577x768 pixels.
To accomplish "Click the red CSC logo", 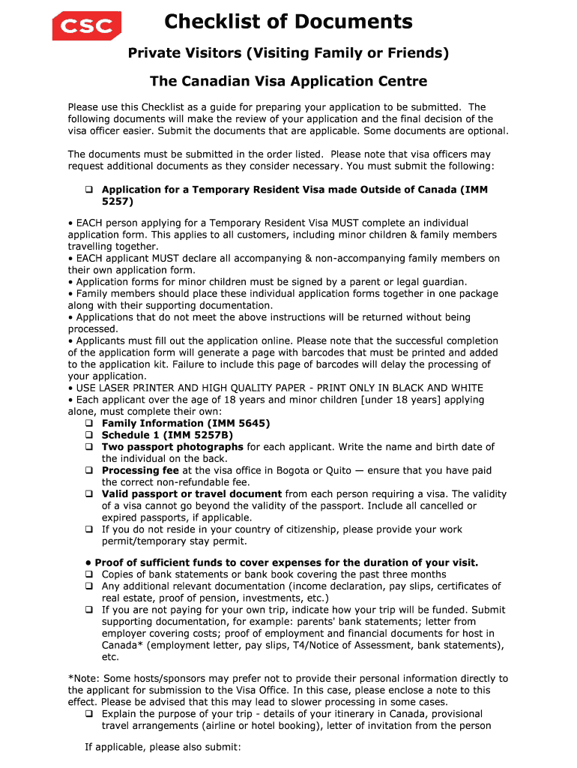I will [86, 25].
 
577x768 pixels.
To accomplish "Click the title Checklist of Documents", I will [288, 22].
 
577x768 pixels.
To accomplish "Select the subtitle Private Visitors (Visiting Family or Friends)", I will [288, 53].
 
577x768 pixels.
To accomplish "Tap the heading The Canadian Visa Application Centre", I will [288, 81].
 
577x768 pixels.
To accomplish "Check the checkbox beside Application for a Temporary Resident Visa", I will [88, 190].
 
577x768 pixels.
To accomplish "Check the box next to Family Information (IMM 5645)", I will [88, 424].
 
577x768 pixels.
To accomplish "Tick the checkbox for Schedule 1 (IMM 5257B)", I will [88, 436].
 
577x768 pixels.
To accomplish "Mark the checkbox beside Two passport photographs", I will [88, 448].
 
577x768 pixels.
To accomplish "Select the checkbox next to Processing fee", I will [88, 471].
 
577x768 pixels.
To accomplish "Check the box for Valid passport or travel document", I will [88, 495].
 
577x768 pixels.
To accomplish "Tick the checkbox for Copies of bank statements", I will [88, 575].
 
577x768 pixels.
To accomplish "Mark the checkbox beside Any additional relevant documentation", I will [88, 587].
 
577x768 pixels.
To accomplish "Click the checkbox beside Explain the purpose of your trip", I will [88, 715].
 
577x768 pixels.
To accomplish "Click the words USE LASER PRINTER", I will [123, 388].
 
